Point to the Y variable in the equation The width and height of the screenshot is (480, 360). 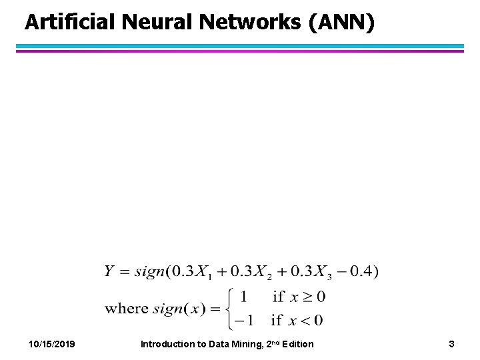(110, 271)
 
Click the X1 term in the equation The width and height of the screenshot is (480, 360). (201, 272)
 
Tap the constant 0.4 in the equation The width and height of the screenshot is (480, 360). (365, 271)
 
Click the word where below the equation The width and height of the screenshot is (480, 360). (127, 308)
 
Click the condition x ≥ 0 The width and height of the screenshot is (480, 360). (307, 296)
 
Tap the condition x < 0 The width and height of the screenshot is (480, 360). (306, 321)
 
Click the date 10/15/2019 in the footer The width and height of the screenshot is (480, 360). (52, 344)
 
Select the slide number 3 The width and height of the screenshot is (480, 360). (451, 344)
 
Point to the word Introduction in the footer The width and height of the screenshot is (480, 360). (167, 344)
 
